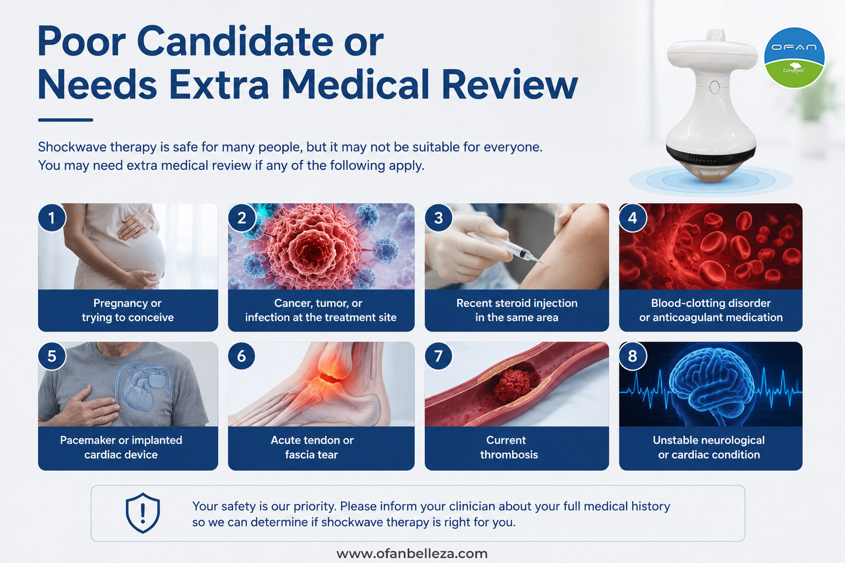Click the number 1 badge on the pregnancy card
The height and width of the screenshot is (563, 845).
click(x=52, y=218)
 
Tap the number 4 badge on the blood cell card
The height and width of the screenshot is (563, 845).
click(x=633, y=218)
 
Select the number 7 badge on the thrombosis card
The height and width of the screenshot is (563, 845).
click(x=438, y=356)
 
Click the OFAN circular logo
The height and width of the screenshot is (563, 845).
click(x=794, y=57)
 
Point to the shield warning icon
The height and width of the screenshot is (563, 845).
click(x=142, y=513)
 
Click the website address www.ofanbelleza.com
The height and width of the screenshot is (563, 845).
click(x=412, y=554)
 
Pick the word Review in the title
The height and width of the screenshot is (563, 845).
click(x=509, y=85)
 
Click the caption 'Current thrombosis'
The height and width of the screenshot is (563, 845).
click(x=508, y=447)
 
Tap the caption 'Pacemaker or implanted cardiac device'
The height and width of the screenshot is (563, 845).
click(x=121, y=447)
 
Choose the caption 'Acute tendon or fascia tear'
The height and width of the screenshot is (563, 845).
click(x=312, y=447)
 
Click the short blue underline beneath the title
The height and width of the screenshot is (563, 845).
click(x=65, y=120)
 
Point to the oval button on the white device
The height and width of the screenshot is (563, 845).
click(x=715, y=87)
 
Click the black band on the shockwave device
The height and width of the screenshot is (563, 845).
click(x=711, y=155)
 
